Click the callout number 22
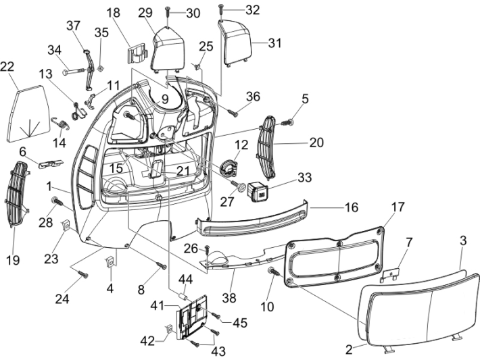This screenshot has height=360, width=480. click(7, 68)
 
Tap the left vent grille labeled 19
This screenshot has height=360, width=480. click(17, 197)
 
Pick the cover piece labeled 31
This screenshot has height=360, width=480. click(237, 41)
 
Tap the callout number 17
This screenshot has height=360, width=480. click(397, 207)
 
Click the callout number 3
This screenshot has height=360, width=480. click(464, 240)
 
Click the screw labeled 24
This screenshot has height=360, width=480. click(82, 274)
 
